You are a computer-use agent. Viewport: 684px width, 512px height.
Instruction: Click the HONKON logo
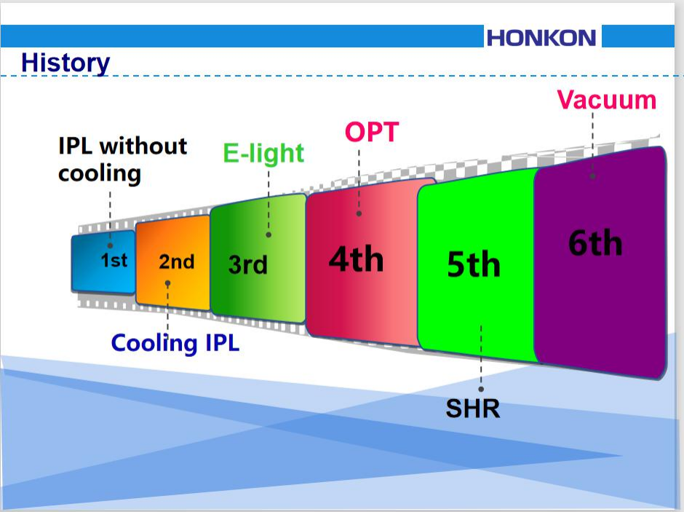click(x=541, y=38)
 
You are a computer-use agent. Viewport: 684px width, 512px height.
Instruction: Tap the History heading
click(x=65, y=63)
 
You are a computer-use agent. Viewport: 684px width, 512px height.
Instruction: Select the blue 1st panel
click(x=103, y=262)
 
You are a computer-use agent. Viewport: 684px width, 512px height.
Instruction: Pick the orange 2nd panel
click(x=173, y=263)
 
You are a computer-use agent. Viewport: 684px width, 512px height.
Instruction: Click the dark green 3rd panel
click(x=258, y=259)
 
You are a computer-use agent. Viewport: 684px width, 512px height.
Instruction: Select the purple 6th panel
click(x=600, y=263)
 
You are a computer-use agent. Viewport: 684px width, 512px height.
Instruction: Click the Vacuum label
click(x=606, y=100)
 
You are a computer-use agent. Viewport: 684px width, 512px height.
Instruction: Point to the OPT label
click(x=372, y=132)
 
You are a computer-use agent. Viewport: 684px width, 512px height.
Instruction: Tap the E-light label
click(x=263, y=153)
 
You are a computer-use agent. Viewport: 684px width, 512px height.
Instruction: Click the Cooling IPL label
click(x=175, y=343)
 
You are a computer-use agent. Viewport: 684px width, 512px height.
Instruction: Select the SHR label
click(x=473, y=409)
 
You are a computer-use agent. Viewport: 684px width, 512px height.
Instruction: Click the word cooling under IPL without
click(x=100, y=174)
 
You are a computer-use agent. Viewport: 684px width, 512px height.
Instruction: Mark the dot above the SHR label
click(x=481, y=389)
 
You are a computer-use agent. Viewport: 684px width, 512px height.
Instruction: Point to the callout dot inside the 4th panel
click(x=359, y=213)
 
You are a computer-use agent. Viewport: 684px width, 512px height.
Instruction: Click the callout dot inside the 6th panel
click(x=592, y=176)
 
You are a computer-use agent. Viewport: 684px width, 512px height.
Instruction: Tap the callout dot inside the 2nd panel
click(x=167, y=283)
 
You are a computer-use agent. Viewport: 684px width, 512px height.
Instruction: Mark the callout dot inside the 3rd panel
click(x=269, y=235)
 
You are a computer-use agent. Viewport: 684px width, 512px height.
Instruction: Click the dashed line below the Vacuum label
click(x=592, y=143)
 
